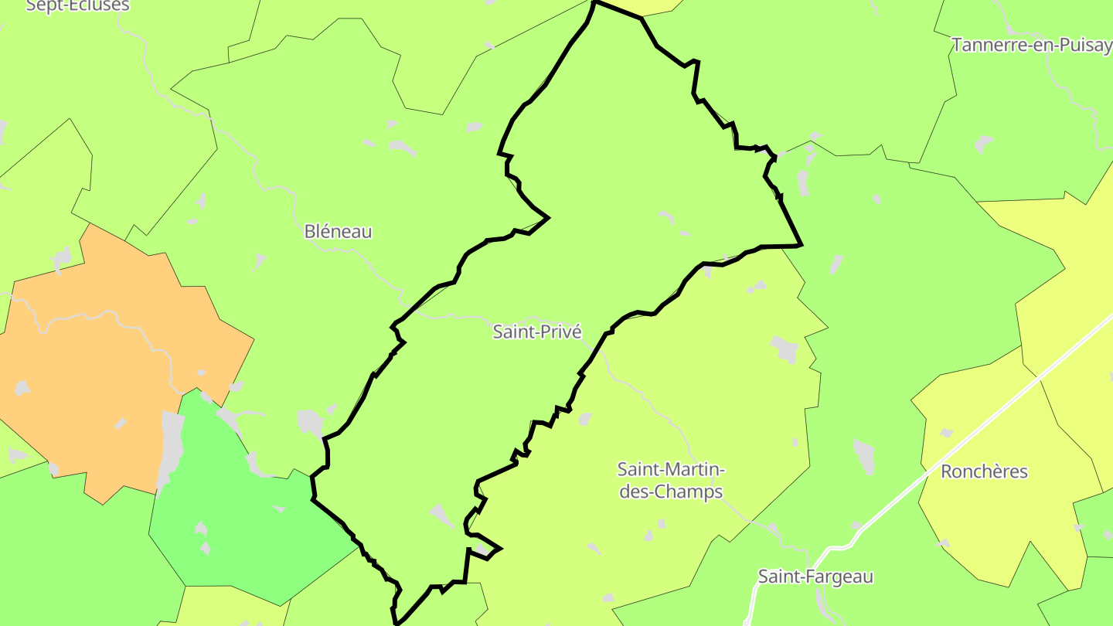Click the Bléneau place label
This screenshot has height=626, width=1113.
click(x=338, y=231)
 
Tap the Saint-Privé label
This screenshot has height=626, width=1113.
click(x=537, y=332)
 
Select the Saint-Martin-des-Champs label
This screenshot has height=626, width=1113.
click(x=671, y=480)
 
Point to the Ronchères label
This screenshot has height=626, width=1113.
click(x=984, y=471)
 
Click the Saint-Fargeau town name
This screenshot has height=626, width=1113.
click(x=815, y=577)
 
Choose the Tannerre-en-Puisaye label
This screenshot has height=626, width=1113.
click(x=1032, y=45)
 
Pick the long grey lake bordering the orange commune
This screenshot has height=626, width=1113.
click(x=171, y=448)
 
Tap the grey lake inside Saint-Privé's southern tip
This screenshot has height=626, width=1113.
click(x=443, y=516)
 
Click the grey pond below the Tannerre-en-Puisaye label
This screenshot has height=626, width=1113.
click(x=983, y=144)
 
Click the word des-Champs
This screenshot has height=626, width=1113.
click(x=671, y=492)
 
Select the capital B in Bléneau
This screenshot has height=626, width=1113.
click(x=310, y=231)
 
